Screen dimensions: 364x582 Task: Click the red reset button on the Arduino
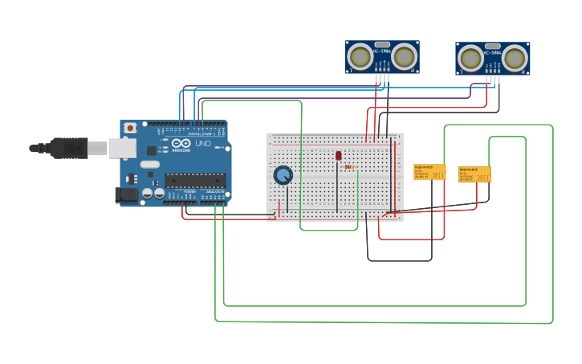pyautogui.click(x=130, y=128)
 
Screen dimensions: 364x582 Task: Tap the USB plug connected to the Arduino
pyautogui.click(x=68, y=148)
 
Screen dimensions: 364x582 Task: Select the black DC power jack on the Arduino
pyautogui.click(x=125, y=194)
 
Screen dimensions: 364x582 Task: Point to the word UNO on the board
pyautogui.click(x=202, y=144)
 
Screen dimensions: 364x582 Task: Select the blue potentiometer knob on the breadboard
pyautogui.click(x=283, y=175)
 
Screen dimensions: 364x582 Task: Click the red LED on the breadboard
pyautogui.click(x=338, y=155)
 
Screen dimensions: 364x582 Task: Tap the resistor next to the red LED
pyautogui.click(x=349, y=167)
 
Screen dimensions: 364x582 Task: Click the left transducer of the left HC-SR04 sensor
pyautogui.click(x=360, y=57)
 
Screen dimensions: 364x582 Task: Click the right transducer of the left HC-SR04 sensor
pyautogui.click(x=404, y=57)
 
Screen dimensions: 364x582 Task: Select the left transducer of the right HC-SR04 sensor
pyautogui.click(x=471, y=59)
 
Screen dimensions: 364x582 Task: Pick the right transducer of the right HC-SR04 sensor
pyautogui.click(x=515, y=59)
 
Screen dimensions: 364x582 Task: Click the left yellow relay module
pyautogui.click(x=429, y=172)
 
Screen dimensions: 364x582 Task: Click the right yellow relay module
pyautogui.click(x=474, y=174)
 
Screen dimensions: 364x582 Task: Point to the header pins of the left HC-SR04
pyautogui.click(x=381, y=78)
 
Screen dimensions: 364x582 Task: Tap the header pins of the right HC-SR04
pyautogui.click(x=493, y=80)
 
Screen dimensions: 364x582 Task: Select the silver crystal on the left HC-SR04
pyautogui.click(x=382, y=45)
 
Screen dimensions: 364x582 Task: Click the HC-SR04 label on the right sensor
pyautogui.click(x=493, y=53)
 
